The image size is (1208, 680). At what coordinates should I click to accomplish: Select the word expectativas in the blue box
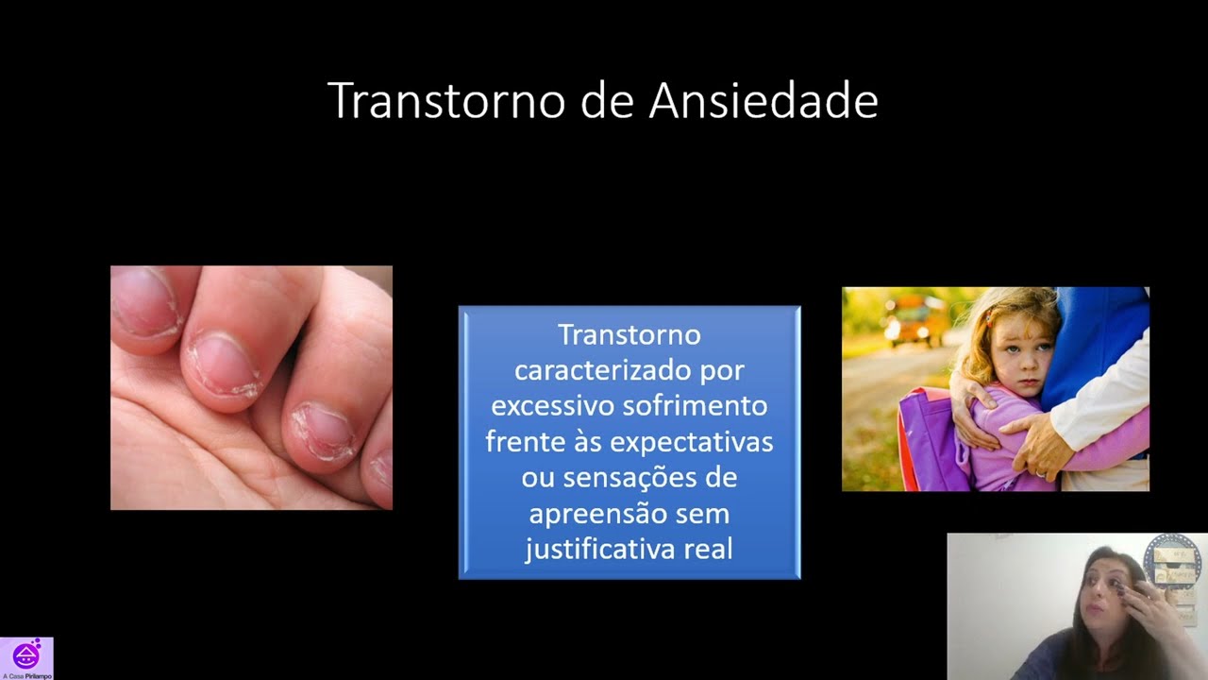point(692,442)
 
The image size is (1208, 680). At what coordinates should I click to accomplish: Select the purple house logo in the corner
point(26,654)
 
